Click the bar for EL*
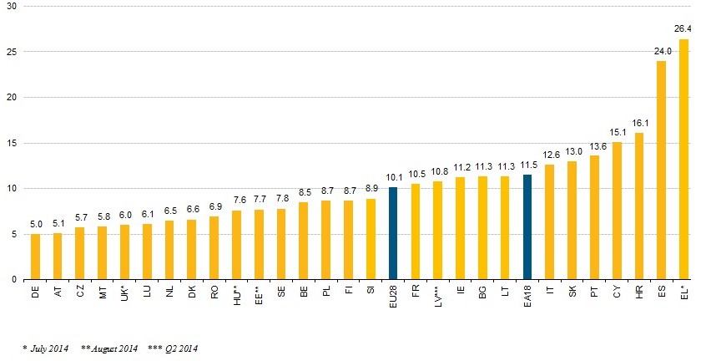pos(683,159)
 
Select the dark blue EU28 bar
pos(393,233)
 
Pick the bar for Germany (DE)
pos(35,257)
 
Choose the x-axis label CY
pos(617,292)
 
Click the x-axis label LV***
pos(438,297)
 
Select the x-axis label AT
pos(58,292)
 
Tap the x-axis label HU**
pos(237,295)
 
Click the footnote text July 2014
pos(48,348)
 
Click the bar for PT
pos(594,217)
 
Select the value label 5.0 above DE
pos(35,225)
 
